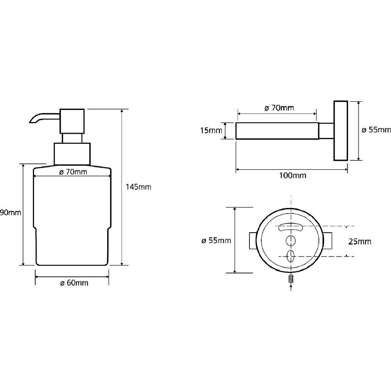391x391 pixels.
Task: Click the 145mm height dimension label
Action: (x=138, y=187)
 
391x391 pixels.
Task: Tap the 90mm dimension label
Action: (x=11, y=212)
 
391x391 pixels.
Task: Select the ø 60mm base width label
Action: (x=74, y=283)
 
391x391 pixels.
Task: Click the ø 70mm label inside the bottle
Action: (x=74, y=172)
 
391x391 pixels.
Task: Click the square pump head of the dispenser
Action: (x=72, y=121)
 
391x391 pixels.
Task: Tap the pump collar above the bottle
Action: (x=72, y=154)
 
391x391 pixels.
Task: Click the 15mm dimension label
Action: (x=211, y=130)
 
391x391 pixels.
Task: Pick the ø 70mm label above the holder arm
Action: (x=279, y=108)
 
